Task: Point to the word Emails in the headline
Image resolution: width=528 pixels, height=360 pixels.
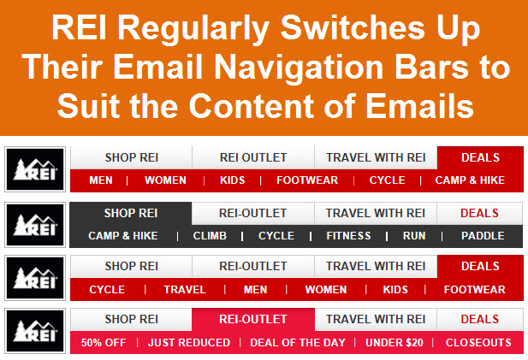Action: (x=419, y=106)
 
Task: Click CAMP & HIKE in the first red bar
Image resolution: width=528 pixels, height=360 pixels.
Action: (x=470, y=180)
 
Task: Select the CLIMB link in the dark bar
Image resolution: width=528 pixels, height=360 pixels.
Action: (x=210, y=236)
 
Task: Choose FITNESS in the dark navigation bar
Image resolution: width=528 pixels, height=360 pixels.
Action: (x=348, y=236)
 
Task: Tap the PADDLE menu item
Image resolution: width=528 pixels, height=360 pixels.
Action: (x=483, y=236)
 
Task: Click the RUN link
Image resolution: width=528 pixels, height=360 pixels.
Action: (x=414, y=236)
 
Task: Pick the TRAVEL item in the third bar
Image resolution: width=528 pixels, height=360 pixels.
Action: (x=185, y=290)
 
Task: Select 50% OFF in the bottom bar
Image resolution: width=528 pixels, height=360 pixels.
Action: (x=104, y=343)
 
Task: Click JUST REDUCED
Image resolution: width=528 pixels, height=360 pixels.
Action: (x=189, y=343)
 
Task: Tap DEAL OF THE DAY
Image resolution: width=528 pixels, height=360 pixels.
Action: (x=298, y=343)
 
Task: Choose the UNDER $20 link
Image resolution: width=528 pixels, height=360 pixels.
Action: (x=395, y=343)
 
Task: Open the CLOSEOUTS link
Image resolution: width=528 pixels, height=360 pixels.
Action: (x=478, y=343)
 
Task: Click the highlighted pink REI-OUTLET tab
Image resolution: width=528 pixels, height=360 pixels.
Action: (x=253, y=319)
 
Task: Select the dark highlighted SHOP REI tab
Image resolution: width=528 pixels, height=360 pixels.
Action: (x=131, y=213)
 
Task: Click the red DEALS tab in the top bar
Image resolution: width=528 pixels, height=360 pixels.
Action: (x=480, y=158)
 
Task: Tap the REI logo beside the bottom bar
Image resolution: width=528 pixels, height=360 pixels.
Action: (x=35, y=331)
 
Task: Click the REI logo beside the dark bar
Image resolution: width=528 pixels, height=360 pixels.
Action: (x=35, y=225)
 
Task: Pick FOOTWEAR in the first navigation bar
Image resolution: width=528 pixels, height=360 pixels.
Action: (x=307, y=180)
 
